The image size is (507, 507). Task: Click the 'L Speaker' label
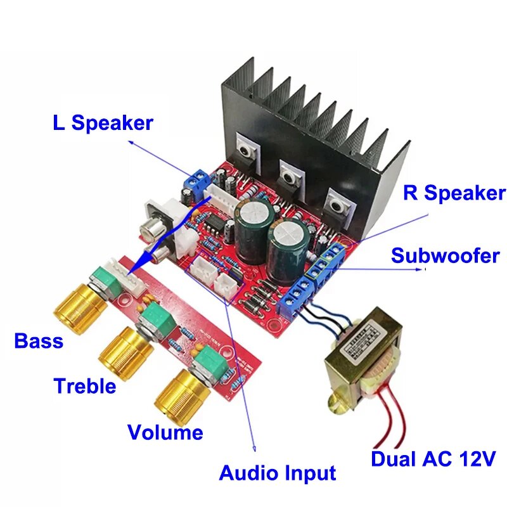tap(103, 122)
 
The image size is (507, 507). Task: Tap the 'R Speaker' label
tap(454, 193)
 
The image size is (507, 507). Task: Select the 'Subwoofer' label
tap(445, 257)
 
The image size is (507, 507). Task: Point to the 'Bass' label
tap(39, 342)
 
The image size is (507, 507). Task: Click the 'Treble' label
tap(85, 385)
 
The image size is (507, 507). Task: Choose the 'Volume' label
tap(165, 432)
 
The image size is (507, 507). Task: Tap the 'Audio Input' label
tap(277, 473)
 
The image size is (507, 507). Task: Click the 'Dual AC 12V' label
tap(433, 459)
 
